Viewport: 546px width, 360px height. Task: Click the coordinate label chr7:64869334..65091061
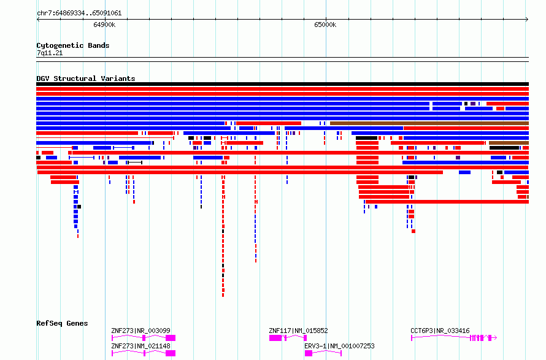[79, 13]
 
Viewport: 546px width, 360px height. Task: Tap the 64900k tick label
[104, 25]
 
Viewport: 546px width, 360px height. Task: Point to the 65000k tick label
[325, 25]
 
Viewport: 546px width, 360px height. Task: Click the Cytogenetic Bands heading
[73, 45]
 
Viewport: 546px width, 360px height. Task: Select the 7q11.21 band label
[50, 53]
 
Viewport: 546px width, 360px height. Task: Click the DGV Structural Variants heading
[86, 79]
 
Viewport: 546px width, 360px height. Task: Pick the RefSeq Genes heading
[62, 323]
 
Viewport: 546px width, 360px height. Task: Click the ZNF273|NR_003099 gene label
[140, 331]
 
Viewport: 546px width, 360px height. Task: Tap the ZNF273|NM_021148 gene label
[140, 346]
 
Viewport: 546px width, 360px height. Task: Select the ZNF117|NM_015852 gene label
[298, 331]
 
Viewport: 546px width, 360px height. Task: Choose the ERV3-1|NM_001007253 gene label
[339, 346]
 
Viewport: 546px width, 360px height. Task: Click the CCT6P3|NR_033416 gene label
[440, 331]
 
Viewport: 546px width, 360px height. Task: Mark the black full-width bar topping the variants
[282, 84]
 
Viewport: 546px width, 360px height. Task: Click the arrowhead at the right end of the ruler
[527, 20]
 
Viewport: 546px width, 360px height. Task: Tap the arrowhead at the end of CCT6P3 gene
[495, 337]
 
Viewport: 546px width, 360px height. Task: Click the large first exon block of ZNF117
[275, 338]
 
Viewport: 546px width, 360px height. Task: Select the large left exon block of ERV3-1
[309, 353]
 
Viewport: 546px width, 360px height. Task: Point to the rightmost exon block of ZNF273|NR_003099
[171, 338]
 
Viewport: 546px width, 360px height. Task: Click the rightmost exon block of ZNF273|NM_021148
[171, 353]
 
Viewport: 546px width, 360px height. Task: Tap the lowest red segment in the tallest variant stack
[223, 295]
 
